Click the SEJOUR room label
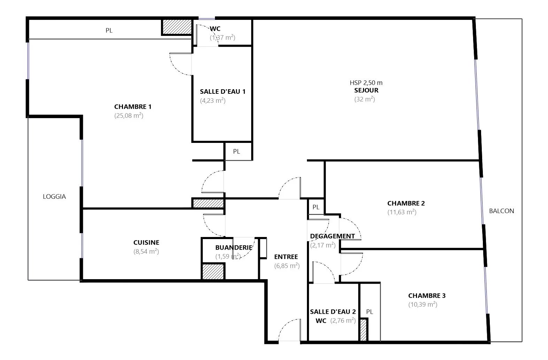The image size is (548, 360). click(366, 90)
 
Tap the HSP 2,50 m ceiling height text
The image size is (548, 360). click(366, 83)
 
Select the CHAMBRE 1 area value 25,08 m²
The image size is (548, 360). click(129, 115)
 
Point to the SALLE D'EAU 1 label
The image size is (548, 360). click(223, 92)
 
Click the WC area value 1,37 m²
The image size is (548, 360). click(222, 37)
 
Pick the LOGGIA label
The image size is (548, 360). click(54, 197)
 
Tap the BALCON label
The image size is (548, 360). click(502, 211)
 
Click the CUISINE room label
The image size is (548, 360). click(146, 243)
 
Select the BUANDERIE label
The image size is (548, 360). click(234, 248)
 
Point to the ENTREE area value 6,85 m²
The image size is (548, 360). click(287, 266)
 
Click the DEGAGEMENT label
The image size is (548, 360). click(332, 236)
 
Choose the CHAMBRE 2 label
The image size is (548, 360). click(406, 204)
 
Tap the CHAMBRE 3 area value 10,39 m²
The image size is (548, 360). click(423, 305)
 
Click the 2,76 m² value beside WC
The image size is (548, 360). click(343, 321)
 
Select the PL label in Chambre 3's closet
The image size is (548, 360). click(370, 312)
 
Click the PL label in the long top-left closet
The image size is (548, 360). click(109, 30)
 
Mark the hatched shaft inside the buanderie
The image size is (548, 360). click(213, 271)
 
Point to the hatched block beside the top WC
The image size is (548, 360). click(177, 27)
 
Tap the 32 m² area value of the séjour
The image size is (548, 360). click(364, 99)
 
